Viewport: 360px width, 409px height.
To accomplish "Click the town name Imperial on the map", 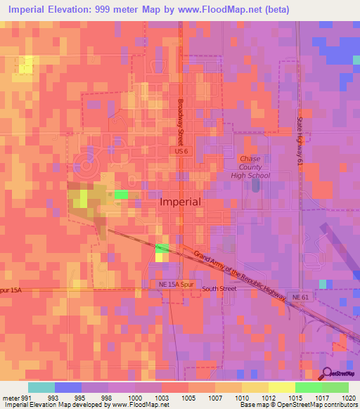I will [x=180, y=202].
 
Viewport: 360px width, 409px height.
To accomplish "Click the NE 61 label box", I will [x=300, y=297].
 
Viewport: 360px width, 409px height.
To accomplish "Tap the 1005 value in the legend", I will [x=188, y=397].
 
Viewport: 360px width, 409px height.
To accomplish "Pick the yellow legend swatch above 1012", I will [x=255, y=387].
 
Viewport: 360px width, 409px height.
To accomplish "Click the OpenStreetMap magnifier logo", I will [x=328, y=373].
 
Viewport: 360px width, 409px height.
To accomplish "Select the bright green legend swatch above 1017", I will [x=309, y=387].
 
